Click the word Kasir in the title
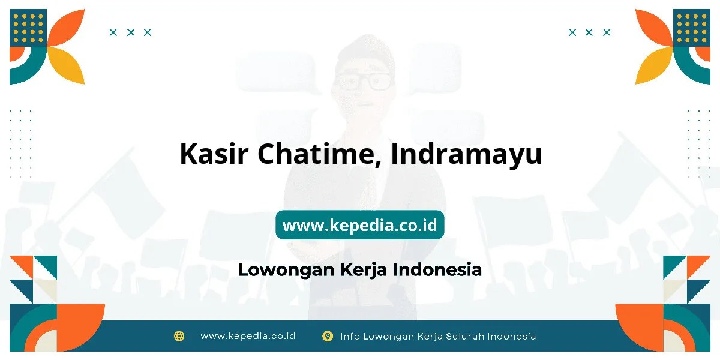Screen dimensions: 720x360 [x=214, y=154]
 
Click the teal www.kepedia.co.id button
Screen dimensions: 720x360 [x=359, y=224]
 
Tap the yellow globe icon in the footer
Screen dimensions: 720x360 [x=179, y=336]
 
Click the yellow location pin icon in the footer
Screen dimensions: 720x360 [x=327, y=336]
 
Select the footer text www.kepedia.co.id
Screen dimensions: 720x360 [x=248, y=336]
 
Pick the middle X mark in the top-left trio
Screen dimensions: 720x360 [x=131, y=32]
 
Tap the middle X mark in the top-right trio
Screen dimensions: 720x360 [x=589, y=32]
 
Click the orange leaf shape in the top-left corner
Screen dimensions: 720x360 [x=67, y=28]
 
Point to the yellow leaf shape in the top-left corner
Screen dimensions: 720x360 [x=67, y=65]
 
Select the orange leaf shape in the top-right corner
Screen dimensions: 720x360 [x=653, y=28]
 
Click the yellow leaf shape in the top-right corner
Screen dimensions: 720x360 [x=653, y=65]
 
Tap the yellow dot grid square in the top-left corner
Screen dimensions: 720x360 [x=28, y=28]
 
